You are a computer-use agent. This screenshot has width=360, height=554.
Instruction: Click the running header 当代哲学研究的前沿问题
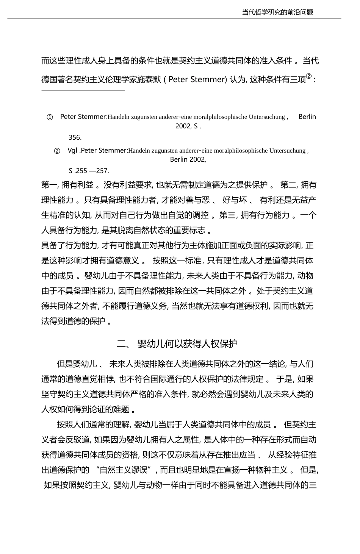pyautogui.click(x=278, y=12)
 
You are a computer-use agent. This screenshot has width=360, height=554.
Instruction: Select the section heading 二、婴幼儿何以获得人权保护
pyautogui.click(x=177, y=343)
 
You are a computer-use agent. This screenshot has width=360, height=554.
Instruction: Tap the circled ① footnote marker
pyautogui.click(x=50, y=117)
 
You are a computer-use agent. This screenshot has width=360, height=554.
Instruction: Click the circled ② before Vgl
pyautogui.click(x=57, y=151)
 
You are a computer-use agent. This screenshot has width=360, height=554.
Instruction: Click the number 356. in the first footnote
pyautogui.click(x=75, y=137)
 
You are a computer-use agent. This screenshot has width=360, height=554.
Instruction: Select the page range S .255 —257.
pyautogui.click(x=89, y=171)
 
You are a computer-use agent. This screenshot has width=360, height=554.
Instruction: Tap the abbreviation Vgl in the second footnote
pyautogui.click(x=72, y=150)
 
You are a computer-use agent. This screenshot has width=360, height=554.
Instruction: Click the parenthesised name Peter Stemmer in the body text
pyautogui.click(x=197, y=80)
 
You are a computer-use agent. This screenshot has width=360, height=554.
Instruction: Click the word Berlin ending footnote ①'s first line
pyautogui.click(x=307, y=117)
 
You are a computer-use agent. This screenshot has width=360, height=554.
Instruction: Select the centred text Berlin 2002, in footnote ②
pyautogui.click(x=188, y=159)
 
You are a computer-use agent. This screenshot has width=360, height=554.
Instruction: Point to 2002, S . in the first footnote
pyautogui.click(x=188, y=126)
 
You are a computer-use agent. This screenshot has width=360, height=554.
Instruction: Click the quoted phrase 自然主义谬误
pyautogui.click(x=127, y=470)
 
